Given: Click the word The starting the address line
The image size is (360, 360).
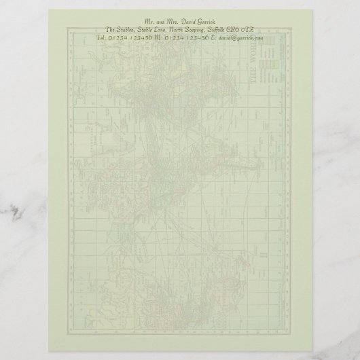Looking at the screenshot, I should (x=113, y=30).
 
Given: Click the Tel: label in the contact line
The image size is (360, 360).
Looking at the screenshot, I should (x=103, y=39).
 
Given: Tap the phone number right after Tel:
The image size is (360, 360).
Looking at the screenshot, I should (x=131, y=39).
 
